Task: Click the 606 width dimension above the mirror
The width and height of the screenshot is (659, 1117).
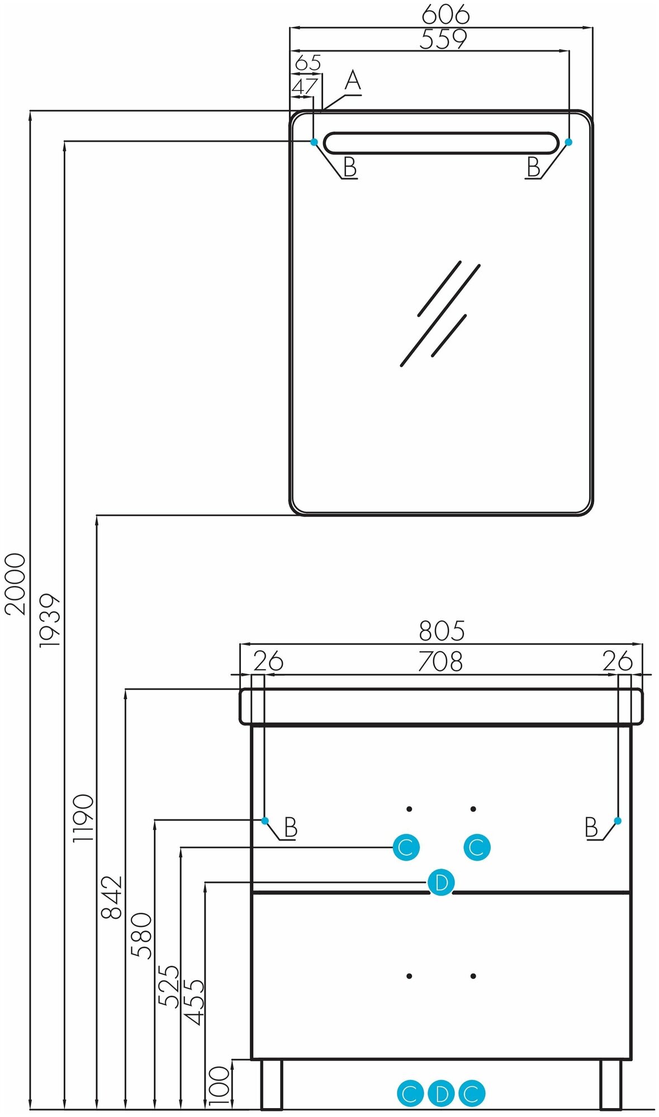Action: click(445, 15)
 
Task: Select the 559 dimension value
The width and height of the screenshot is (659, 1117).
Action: click(443, 40)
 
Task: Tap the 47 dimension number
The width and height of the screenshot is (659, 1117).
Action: click(305, 87)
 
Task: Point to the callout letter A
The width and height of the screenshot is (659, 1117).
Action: click(353, 81)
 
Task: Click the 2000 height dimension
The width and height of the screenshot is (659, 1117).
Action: click(15, 584)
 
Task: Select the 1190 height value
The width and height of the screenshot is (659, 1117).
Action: click(83, 818)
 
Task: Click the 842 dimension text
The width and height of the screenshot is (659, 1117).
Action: click(111, 898)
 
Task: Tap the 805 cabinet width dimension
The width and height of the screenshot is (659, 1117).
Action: click(442, 631)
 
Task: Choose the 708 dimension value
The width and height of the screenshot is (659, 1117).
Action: click(440, 662)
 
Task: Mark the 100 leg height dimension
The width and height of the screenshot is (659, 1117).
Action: click(219, 1085)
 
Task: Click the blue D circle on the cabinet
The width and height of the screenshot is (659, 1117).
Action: click(441, 883)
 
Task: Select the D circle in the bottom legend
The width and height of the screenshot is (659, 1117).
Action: click(441, 1094)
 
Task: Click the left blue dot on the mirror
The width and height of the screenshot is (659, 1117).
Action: click(314, 142)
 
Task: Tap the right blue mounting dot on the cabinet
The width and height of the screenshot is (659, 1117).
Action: click(617, 820)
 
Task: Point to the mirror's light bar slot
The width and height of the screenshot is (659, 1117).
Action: click(440, 142)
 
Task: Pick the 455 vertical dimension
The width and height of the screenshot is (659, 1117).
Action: click(195, 1003)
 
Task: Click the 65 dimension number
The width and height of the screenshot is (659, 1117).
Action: click(308, 63)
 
